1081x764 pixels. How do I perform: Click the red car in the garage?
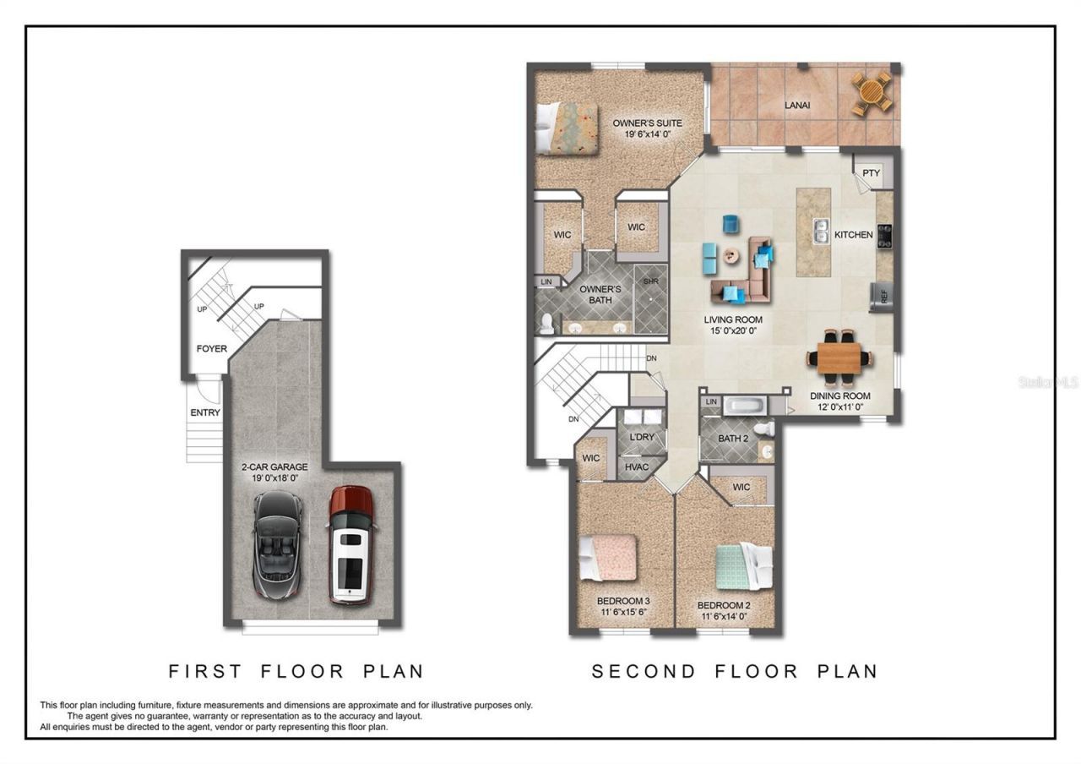[351, 544]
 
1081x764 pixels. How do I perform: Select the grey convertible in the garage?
[277, 544]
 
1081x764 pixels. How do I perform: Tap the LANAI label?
[796, 105]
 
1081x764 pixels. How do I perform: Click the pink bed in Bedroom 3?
[608, 559]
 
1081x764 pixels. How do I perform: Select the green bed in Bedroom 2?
[743, 565]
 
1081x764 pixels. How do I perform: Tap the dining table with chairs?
[841, 357]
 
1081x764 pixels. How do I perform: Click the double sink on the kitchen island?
[819, 231]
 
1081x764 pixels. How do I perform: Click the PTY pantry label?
[871, 173]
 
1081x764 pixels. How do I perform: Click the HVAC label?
[636, 466]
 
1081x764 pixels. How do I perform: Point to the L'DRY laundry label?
[642, 437]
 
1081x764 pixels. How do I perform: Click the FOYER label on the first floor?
[211, 348]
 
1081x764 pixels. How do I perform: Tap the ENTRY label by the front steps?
[205, 412]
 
